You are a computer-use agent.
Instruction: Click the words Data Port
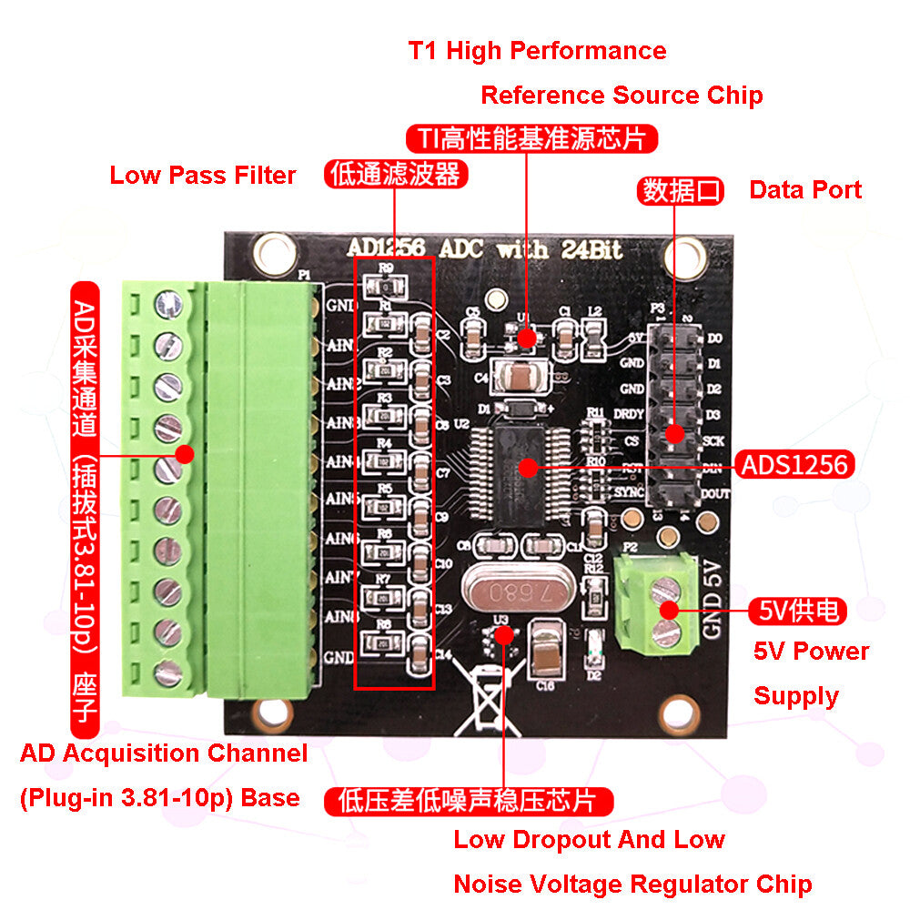point(804,190)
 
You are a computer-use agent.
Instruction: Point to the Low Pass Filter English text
point(203,176)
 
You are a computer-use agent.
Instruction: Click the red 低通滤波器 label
point(396,175)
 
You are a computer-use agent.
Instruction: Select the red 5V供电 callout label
point(797,611)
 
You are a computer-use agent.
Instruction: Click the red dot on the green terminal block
point(186,454)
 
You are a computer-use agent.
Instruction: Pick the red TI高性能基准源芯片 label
point(531,138)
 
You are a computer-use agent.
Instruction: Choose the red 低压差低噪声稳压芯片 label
point(467,801)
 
